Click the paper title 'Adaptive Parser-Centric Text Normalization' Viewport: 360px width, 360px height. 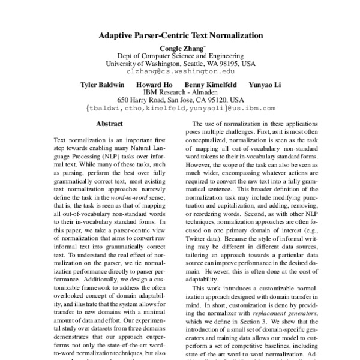click(180, 35)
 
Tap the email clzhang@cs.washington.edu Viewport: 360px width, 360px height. click(180, 71)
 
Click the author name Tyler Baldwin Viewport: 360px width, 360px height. click(103, 85)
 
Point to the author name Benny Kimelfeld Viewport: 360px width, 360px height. click(210, 85)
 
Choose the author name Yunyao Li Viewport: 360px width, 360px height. click(263, 85)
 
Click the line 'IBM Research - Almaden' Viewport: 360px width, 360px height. click(180, 92)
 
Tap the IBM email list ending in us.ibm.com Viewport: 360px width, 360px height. click(180, 109)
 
